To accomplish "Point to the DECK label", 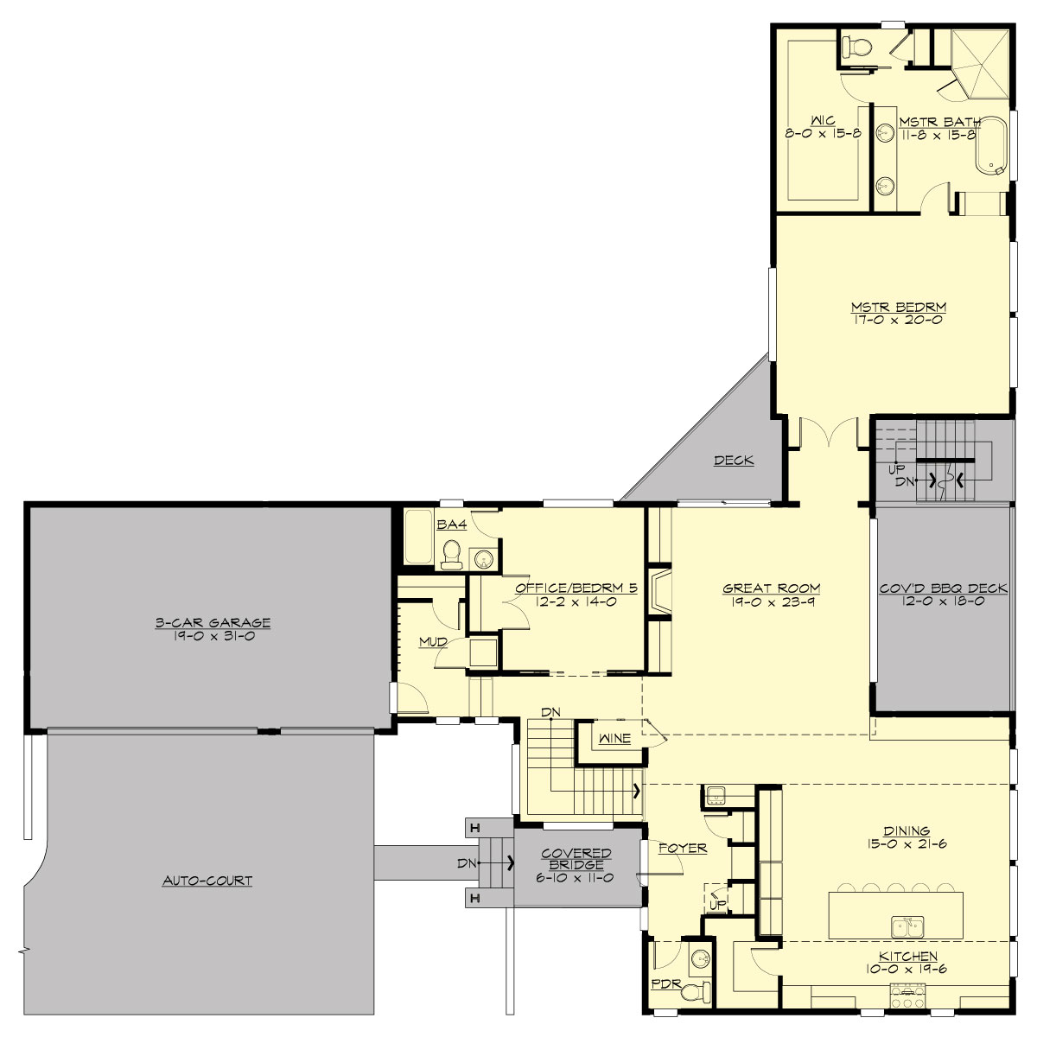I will pyautogui.click(x=734, y=461).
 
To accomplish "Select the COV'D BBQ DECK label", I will pyautogui.click(x=943, y=588).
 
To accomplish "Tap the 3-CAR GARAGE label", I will pyautogui.click(x=213, y=622).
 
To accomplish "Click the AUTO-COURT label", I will pyautogui.click(x=207, y=881).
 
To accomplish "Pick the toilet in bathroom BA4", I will pyautogui.click(x=451, y=554).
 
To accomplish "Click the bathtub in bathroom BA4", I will pyautogui.click(x=418, y=538).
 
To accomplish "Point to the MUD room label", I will pyautogui.click(x=433, y=642).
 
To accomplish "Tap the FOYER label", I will pyautogui.click(x=683, y=849).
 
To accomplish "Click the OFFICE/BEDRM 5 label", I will pyautogui.click(x=576, y=588).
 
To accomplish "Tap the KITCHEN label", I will pyautogui.click(x=908, y=957).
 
